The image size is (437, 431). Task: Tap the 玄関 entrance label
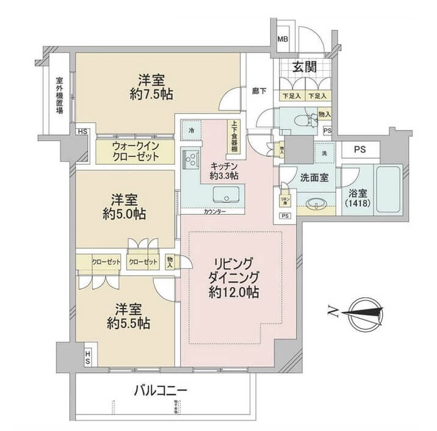[303, 68]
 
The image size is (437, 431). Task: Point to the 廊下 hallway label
[259, 91]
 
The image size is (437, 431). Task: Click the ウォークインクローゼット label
[135, 151]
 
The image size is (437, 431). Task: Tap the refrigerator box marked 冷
[191, 130]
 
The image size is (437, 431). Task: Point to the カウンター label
[214, 211]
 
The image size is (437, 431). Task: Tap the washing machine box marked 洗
[323, 153]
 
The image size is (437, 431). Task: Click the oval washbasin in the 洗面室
[316, 203]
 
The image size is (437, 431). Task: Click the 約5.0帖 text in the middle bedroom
[128, 214]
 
